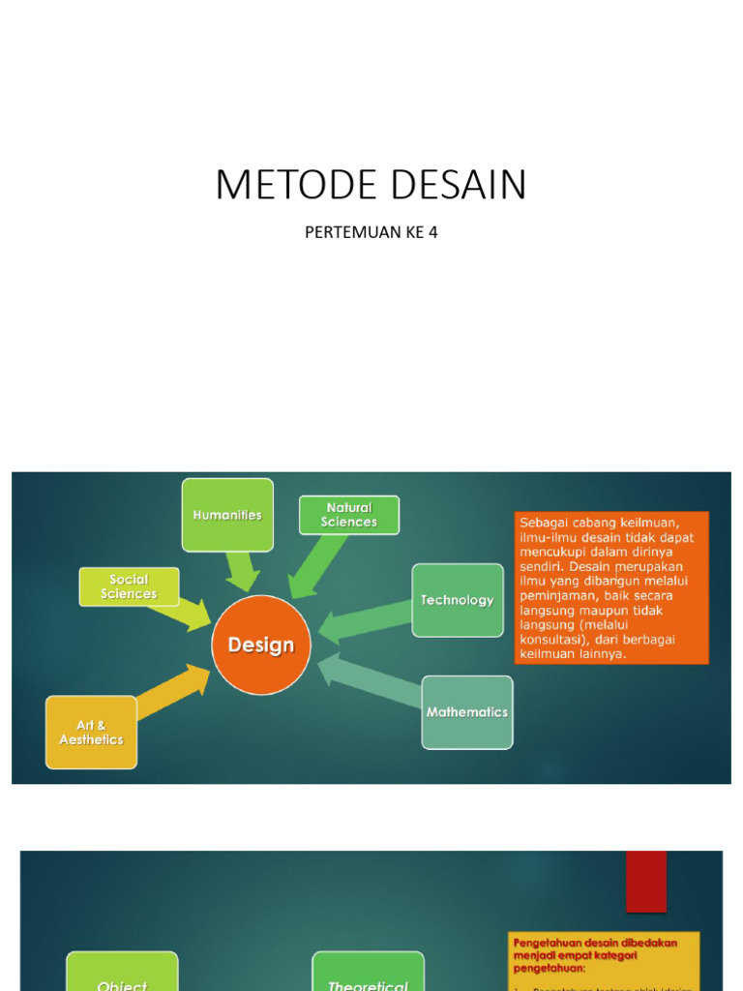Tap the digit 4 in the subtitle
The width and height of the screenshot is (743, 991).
[432, 233]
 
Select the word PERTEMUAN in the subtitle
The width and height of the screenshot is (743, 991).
[348, 233]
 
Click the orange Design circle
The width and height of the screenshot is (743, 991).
[261, 645]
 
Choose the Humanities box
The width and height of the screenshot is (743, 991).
[227, 515]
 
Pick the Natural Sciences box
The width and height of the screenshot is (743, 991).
[349, 515]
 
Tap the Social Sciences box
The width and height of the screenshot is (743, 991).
[129, 586]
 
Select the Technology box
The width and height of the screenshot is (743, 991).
[458, 600]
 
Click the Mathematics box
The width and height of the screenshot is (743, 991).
[467, 712]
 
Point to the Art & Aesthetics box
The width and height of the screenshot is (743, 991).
[91, 733]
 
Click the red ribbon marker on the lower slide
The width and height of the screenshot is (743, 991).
[646, 881]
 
